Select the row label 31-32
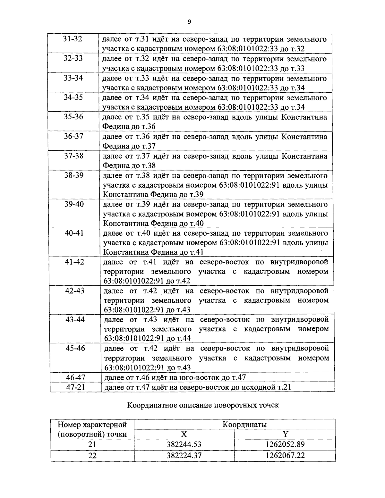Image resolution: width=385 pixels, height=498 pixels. click(x=73, y=39)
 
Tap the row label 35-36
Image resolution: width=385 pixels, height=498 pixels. click(x=73, y=117)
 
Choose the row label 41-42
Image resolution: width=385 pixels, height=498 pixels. click(x=74, y=262)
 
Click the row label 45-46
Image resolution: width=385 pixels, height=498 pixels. click(x=75, y=348)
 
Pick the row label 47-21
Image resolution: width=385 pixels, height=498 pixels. click(x=76, y=387)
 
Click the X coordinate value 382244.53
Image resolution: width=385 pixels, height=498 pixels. click(x=184, y=444)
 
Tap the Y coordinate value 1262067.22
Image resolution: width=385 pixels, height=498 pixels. click(x=285, y=455)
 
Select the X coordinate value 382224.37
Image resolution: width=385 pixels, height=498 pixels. click(x=184, y=455)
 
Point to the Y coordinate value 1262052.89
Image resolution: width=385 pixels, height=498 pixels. click(x=285, y=444)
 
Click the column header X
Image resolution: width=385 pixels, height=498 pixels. click(x=184, y=434)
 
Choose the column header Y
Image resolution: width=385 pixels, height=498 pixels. click(x=285, y=434)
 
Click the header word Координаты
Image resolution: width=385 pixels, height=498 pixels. click(x=245, y=425)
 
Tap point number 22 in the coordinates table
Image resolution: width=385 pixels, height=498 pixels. click(x=92, y=455)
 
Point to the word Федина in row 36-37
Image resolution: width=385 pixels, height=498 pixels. click(x=116, y=146)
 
